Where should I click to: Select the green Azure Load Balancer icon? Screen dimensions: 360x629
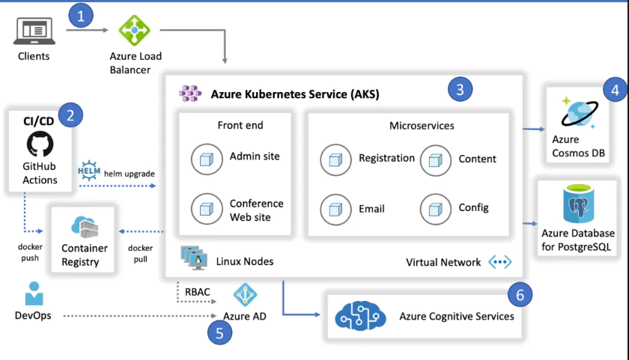[x=135, y=31]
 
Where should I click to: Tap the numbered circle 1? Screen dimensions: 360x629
[x=82, y=14]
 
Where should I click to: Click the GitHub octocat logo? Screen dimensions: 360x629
[x=40, y=144]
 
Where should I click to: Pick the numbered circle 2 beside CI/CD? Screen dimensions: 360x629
[x=70, y=115]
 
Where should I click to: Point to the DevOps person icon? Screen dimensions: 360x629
[x=33, y=293]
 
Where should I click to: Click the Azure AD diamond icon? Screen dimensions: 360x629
[x=245, y=294]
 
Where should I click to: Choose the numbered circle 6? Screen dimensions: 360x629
[x=520, y=294]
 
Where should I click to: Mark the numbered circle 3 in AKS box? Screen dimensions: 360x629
[x=461, y=90]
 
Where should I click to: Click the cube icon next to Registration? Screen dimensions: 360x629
[x=335, y=159]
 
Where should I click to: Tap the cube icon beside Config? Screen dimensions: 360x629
[x=435, y=207]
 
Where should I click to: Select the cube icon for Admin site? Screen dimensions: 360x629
[x=205, y=157]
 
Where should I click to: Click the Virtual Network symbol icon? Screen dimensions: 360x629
[x=499, y=263]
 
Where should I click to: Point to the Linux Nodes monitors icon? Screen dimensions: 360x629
[x=193, y=259]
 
